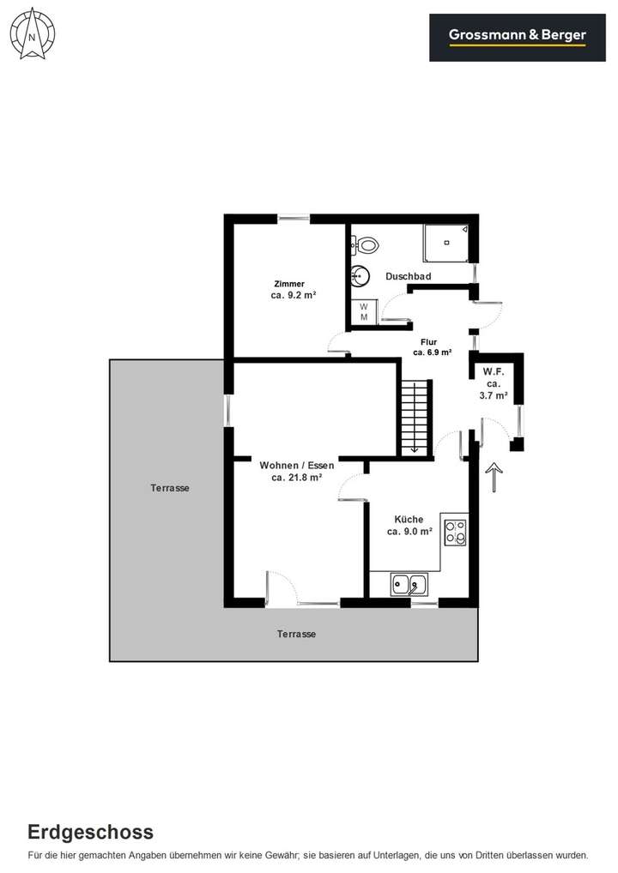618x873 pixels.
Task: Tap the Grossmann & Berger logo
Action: pyautogui.click(x=518, y=36)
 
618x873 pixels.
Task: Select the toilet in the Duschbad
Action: pyautogui.click(x=367, y=245)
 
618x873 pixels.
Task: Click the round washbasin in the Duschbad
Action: pyautogui.click(x=360, y=276)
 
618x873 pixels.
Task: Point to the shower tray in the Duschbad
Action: pyautogui.click(x=445, y=243)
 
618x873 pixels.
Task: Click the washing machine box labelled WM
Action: pyautogui.click(x=363, y=311)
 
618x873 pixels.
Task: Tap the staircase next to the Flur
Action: pyautogui.click(x=414, y=418)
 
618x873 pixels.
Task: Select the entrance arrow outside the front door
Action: pyautogui.click(x=494, y=477)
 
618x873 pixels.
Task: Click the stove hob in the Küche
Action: pyautogui.click(x=455, y=532)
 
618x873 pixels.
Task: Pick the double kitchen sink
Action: pyautogui.click(x=409, y=585)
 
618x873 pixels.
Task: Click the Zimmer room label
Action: pyautogui.click(x=289, y=284)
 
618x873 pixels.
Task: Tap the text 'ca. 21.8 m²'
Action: pyautogui.click(x=296, y=478)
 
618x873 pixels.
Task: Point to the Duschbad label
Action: pyautogui.click(x=408, y=276)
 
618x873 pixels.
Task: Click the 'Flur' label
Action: pyautogui.click(x=428, y=341)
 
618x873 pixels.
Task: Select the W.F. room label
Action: pyautogui.click(x=493, y=371)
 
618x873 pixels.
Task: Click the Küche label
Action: pyautogui.click(x=409, y=519)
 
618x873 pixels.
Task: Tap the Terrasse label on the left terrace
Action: pyautogui.click(x=169, y=488)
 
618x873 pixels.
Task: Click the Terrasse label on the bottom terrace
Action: pyautogui.click(x=296, y=635)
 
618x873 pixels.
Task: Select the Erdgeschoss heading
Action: pyautogui.click(x=90, y=832)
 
